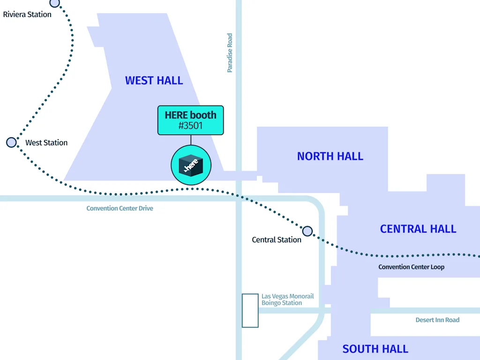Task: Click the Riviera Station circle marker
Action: pyautogui.click(x=55, y=3)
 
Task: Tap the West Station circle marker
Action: pyautogui.click(x=11, y=142)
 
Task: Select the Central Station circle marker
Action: pyautogui.click(x=307, y=231)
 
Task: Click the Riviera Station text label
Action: pyautogui.click(x=27, y=15)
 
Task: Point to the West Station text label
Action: pyautogui.click(x=46, y=142)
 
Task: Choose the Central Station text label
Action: pyautogui.click(x=277, y=240)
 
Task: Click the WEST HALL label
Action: pyautogui.click(x=154, y=81)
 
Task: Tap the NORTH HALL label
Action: pyautogui.click(x=330, y=157)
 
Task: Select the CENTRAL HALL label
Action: pyautogui.click(x=418, y=229)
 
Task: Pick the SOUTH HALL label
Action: pyautogui.click(x=375, y=349)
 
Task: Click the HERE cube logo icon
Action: pyautogui.click(x=190, y=165)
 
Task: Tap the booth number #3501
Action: pyautogui.click(x=190, y=126)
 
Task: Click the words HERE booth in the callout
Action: pyautogui.click(x=190, y=115)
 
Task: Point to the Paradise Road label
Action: pyautogui.click(x=230, y=52)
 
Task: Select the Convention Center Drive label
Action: pyautogui.click(x=120, y=208)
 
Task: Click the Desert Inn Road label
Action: pyautogui.click(x=437, y=320)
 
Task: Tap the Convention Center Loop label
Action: pyautogui.click(x=411, y=267)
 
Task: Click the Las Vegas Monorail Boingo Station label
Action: pyautogui.click(x=287, y=300)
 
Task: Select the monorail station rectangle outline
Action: pyautogui.click(x=250, y=310)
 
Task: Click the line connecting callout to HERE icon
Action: pyautogui.click(x=190, y=140)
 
